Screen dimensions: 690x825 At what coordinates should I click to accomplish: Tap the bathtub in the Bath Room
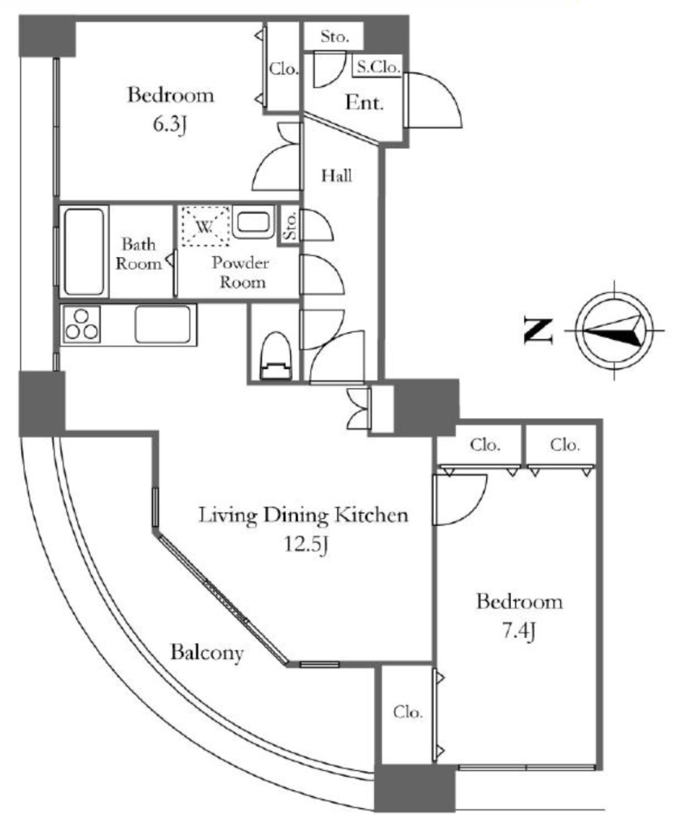[84, 251]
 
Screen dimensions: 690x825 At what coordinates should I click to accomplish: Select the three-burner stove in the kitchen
[81, 325]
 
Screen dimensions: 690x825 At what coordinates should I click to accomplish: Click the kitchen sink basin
[162, 324]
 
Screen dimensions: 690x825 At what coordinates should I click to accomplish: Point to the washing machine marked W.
[206, 226]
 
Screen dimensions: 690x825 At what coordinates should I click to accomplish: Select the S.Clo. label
[378, 67]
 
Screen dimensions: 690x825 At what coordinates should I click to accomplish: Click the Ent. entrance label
[364, 102]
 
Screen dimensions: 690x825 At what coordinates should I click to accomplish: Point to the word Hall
[337, 175]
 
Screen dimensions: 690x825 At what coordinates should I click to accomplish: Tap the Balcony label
[207, 653]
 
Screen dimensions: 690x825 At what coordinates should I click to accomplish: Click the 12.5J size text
[307, 544]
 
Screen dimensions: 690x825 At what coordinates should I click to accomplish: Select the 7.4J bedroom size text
[519, 630]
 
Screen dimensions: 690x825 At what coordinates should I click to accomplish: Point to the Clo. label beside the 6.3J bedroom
[284, 68]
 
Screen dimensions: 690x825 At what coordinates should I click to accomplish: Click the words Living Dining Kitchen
[304, 515]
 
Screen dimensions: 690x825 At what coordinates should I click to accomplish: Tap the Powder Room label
[240, 272]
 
